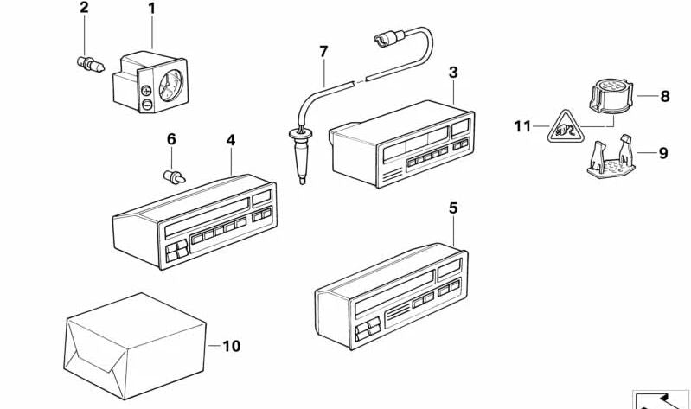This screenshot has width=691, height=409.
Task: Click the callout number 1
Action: point(151,10)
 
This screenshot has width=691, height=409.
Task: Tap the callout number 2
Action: point(84,9)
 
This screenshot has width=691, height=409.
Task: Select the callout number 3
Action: point(453,72)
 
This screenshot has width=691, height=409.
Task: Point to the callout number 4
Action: point(231,139)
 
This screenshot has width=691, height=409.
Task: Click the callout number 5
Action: point(453,208)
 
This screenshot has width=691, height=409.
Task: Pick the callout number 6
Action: point(170,139)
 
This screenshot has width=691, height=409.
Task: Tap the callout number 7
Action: point(323,52)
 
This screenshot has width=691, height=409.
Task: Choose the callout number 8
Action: point(664,97)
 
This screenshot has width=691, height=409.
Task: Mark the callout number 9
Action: point(663,154)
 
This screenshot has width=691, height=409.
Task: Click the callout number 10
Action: point(231,347)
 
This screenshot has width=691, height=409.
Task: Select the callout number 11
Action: point(521,127)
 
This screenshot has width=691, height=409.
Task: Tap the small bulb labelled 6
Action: point(173,177)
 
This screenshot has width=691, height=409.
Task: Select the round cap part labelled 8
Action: point(609,95)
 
